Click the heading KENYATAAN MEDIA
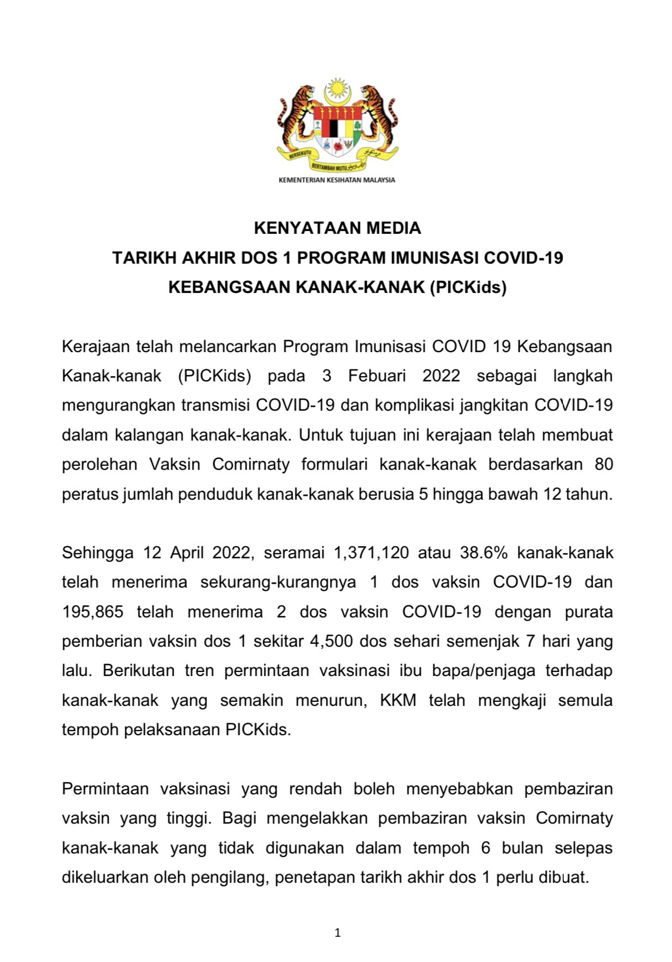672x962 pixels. click(x=337, y=228)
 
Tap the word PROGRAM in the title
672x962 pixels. click(x=341, y=258)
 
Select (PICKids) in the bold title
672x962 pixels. click(x=468, y=287)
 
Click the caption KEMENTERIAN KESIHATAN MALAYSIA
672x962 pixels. click(x=337, y=180)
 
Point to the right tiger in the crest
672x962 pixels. click(x=377, y=118)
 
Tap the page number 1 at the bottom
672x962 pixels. click(x=337, y=933)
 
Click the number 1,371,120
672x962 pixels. click(x=371, y=553)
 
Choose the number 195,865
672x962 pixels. click(x=93, y=612)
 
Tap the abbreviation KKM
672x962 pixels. click(x=398, y=701)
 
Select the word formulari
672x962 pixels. click(x=334, y=465)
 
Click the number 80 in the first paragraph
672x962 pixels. click(x=604, y=465)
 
